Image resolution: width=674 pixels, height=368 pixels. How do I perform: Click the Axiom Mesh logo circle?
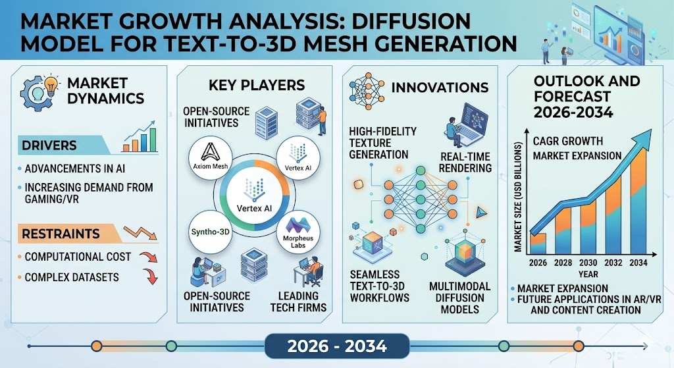(x=210, y=158)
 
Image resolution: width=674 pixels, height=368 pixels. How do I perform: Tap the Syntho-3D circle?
(x=210, y=232)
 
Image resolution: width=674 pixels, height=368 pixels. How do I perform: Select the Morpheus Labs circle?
(x=298, y=232)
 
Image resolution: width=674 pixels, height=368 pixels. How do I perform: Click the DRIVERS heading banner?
(x=64, y=145)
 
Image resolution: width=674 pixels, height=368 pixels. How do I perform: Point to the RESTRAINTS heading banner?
(x=66, y=234)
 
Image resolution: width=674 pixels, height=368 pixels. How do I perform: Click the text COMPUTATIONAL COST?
(x=78, y=257)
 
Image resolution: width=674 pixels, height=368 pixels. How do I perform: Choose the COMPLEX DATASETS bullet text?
(x=72, y=277)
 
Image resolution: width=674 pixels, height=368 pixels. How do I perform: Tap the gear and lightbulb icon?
(x=39, y=92)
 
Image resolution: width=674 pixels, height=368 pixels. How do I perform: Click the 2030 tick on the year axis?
(x=588, y=263)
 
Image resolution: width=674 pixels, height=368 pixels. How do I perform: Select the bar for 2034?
(x=638, y=200)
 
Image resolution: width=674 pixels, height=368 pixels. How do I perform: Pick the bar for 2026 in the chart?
(x=538, y=244)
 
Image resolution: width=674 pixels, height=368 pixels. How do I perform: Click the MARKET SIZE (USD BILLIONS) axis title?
(x=518, y=197)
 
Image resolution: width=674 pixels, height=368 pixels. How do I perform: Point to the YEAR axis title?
(x=588, y=275)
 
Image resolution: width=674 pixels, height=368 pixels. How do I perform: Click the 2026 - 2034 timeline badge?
(x=337, y=346)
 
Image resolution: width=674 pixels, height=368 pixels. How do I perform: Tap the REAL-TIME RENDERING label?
(x=465, y=162)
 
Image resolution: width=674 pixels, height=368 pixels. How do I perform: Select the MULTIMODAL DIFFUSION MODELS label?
(x=459, y=298)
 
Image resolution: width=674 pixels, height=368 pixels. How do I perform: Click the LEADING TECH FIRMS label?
(x=298, y=302)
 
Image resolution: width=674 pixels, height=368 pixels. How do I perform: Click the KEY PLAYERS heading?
(x=257, y=85)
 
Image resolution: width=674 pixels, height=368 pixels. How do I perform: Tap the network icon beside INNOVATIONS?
(x=367, y=91)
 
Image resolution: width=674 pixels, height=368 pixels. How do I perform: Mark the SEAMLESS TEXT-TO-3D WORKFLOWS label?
(x=380, y=286)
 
